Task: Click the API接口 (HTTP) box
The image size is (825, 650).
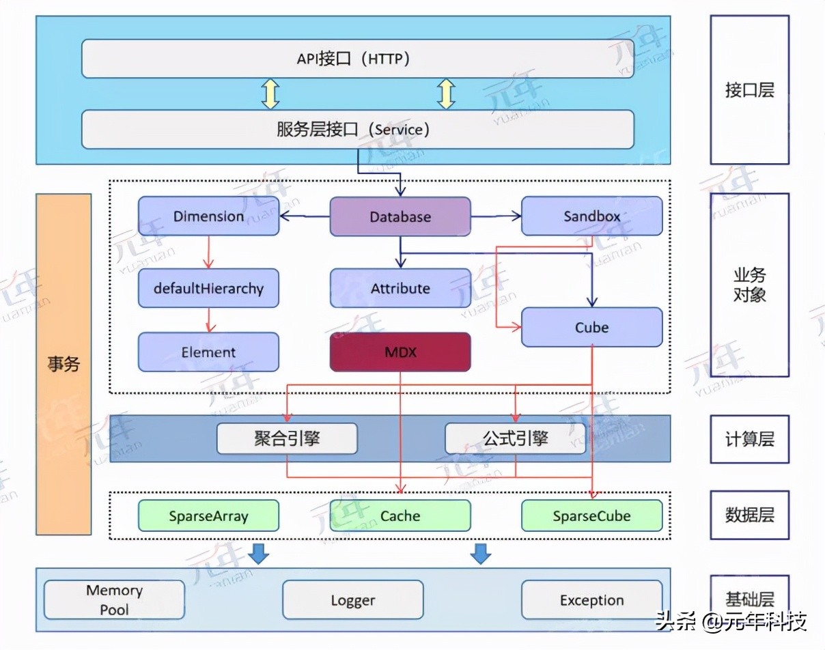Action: click(357, 59)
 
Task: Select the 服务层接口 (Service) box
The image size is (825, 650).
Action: click(357, 130)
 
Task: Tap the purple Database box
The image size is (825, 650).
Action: click(400, 217)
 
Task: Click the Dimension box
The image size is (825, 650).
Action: click(208, 216)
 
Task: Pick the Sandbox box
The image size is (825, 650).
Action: click(591, 216)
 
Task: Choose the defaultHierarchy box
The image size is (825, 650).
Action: click(208, 288)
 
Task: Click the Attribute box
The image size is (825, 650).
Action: click(400, 288)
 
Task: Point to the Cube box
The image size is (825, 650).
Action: click(591, 327)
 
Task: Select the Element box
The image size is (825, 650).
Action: click(208, 352)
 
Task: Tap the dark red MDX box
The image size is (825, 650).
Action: click(400, 352)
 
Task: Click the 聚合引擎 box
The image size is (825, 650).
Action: click(287, 438)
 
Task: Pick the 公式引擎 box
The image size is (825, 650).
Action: click(515, 438)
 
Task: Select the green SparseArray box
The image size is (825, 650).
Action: click(208, 516)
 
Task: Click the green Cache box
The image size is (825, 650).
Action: click(400, 516)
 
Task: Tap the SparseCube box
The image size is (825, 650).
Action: click(591, 516)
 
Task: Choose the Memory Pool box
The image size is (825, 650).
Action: click(114, 599)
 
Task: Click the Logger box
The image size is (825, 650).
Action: click(352, 600)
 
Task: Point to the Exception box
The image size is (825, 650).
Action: click(591, 600)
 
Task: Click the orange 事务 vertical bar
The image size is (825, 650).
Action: click(64, 364)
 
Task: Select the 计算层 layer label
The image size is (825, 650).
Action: click(749, 439)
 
